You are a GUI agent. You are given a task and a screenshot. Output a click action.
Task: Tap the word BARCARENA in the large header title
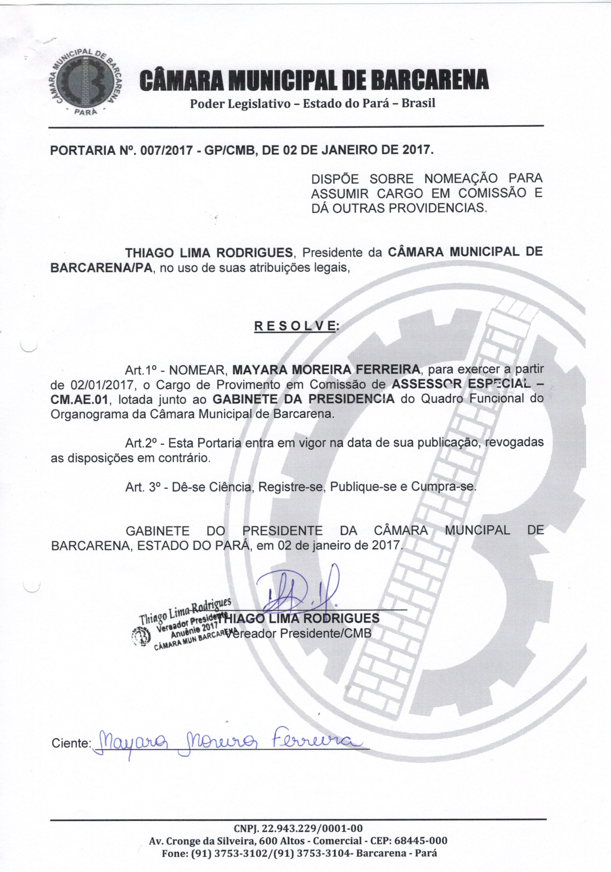pos(429,80)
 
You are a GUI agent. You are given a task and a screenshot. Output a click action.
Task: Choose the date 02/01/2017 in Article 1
pos(103,385)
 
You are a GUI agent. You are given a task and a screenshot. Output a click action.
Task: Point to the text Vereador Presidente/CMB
pos(299,633)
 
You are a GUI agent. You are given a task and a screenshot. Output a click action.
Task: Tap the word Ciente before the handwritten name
pos(71,743)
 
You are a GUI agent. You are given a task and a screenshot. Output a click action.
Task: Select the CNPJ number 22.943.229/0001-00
pos(314,828)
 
